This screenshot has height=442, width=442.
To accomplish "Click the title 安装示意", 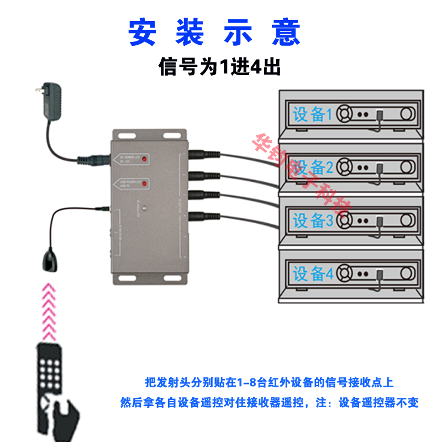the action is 215,33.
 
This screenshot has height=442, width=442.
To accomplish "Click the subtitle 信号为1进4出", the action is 220,67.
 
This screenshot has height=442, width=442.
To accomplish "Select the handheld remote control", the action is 55,381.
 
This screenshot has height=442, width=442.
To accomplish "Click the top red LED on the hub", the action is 143,159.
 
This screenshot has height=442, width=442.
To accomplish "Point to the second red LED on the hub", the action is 143,183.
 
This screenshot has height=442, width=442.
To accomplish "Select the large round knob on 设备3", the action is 407,220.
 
